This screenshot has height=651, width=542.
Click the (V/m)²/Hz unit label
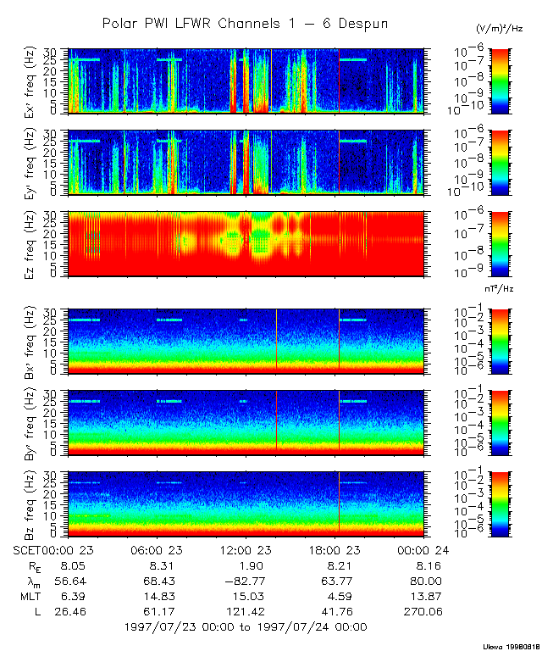(x=500, y=29)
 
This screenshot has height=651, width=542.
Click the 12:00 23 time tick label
(x=246, y=549)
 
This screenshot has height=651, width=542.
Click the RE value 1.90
(x=246, y=565)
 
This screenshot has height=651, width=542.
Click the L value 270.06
(x=423, y=611)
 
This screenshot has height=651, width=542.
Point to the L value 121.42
(x=246, y=611)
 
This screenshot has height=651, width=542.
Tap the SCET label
(x=27, y=549)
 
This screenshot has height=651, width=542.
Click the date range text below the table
(x=246, y=627)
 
